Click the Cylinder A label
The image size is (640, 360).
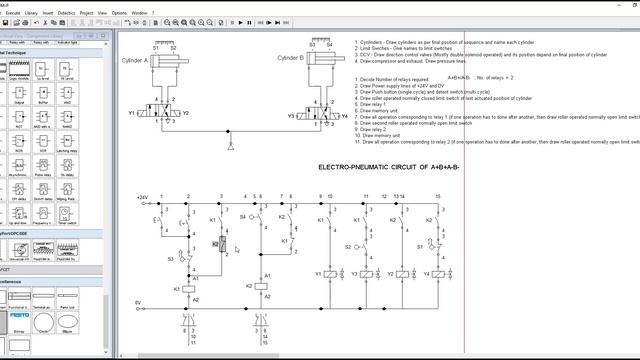135,60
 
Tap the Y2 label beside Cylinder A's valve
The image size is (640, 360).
186,114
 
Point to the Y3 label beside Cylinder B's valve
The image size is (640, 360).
291,116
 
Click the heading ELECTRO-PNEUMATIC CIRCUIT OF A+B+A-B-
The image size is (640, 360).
388,166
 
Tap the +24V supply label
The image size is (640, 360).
142,198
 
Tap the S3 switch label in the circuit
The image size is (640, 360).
171,258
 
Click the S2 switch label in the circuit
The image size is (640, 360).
349,245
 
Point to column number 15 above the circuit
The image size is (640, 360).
436,196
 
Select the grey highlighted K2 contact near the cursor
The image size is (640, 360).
216,244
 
